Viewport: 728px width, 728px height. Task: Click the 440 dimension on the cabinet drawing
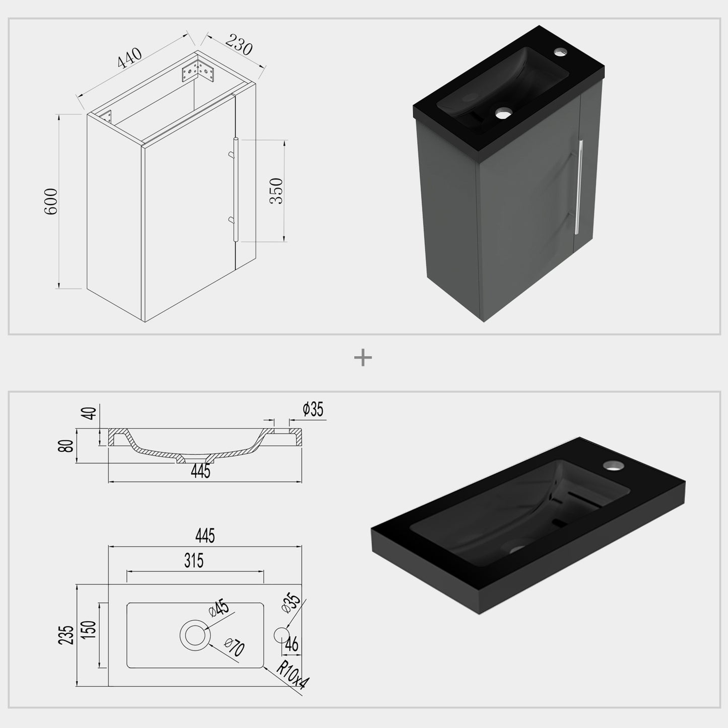129,58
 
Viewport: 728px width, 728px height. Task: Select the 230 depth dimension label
239,44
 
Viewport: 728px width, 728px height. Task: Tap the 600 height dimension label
51,202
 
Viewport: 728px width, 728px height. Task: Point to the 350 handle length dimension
276,191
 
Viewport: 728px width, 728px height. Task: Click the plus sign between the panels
363,357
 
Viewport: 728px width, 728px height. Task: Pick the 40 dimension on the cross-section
90,413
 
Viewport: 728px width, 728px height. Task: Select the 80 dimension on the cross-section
65,446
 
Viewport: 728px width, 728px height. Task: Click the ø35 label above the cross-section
313,409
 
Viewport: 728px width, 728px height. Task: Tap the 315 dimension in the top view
194,560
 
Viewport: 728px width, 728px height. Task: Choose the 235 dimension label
66,635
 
